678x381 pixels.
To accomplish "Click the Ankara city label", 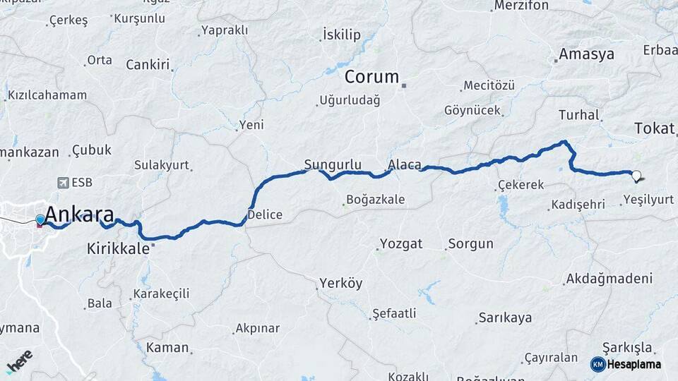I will [79, 214].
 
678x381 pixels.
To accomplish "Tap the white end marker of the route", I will [636, 176].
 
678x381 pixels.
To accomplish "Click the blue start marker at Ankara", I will [40, 220].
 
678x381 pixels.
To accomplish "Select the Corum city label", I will [371, 77].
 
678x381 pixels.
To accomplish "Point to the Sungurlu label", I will [327, 165].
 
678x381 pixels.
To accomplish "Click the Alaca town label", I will [405, 165].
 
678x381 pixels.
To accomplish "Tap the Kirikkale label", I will [118, 248].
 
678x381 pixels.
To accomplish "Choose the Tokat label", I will [655, 128].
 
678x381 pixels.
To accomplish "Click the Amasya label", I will [586, 54].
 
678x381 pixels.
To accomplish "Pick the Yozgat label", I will [401, 244].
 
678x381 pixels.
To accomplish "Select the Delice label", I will [266, 214].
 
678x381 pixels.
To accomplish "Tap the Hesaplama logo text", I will [636, 364].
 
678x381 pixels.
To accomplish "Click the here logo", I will [19, 361].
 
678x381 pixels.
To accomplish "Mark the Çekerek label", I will [521, 185].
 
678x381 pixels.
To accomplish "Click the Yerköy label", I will [340, 284].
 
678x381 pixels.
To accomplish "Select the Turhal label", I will [578, 114].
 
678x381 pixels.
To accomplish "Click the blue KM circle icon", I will [597, 364].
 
